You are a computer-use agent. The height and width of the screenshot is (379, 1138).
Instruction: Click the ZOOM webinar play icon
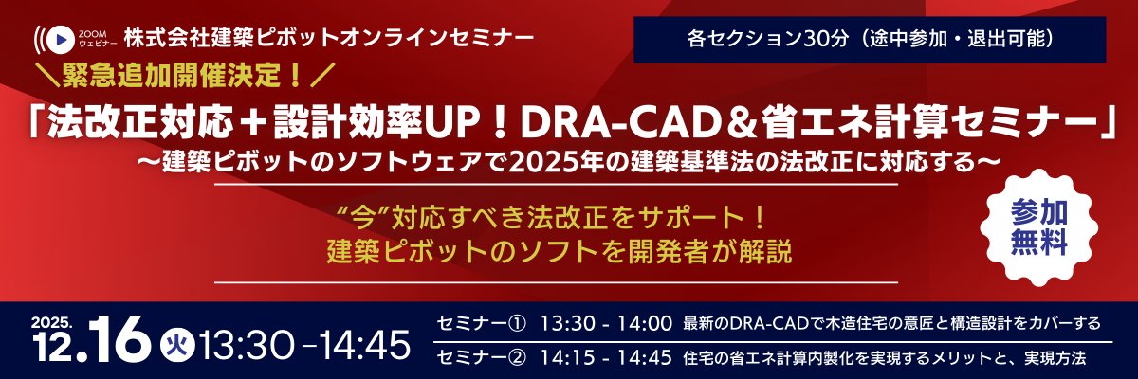60,39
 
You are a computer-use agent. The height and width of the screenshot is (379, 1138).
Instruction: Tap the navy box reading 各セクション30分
870,41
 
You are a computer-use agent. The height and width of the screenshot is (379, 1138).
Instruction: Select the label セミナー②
481,359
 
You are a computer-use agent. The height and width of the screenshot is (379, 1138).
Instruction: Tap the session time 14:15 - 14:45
606,359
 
